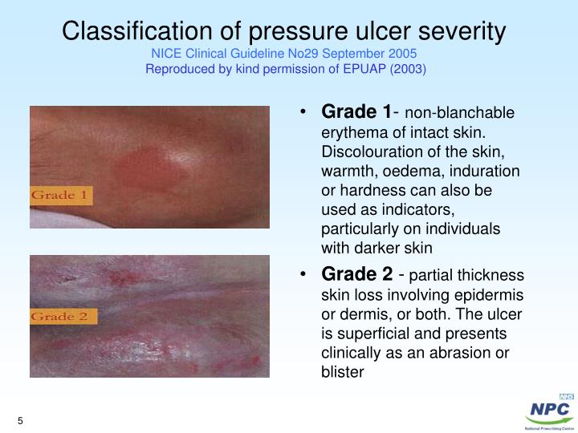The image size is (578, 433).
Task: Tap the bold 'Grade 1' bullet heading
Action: click(356, 111)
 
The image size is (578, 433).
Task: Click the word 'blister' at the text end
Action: click(342, 371)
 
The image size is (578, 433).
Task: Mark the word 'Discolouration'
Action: click(366, 152)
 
